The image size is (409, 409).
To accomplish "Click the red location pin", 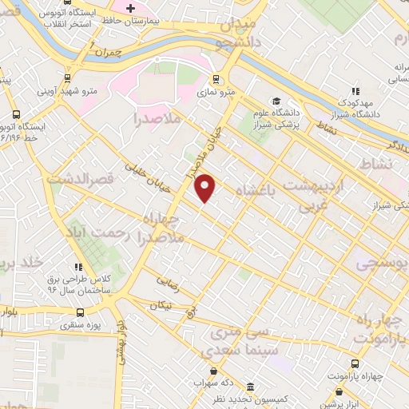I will coord(205,188).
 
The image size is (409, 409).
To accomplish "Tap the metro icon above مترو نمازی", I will coord(216,79).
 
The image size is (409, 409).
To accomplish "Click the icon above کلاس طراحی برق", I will coord(77,267).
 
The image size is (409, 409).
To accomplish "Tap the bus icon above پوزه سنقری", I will coord(78,313).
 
